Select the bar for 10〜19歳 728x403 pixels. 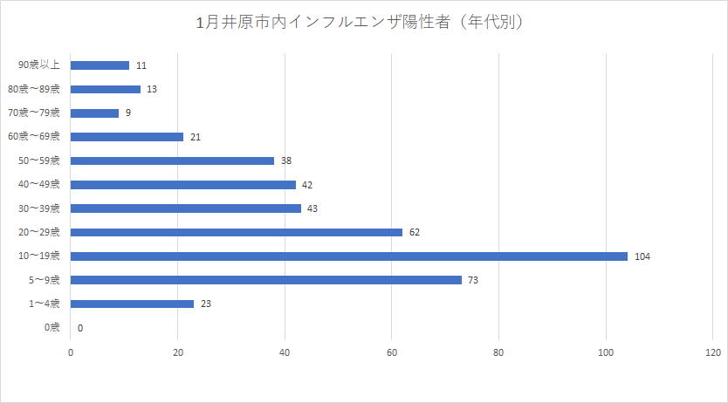(x=348, y=256)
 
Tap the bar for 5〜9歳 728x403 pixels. (x=265, y=280)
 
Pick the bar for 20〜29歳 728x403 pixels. (x=236, y=232)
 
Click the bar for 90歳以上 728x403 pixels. (x=100, y=65)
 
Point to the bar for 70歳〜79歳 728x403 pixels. (x=94, y=113)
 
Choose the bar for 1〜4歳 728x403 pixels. (x=132, y=304)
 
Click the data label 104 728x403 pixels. (x=643, y=256)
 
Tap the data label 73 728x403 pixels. (x=474, y=280)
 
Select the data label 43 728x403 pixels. (x=312, y=208)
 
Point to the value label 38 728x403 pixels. (x=286, y=161)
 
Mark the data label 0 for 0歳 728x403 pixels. (x=80, y=328)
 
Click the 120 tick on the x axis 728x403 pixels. (x=712, y=352)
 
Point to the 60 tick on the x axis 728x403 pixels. (x=391, y=352)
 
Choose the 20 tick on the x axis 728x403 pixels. (x=178, y=352)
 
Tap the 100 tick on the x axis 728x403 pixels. (x=605, y=352)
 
